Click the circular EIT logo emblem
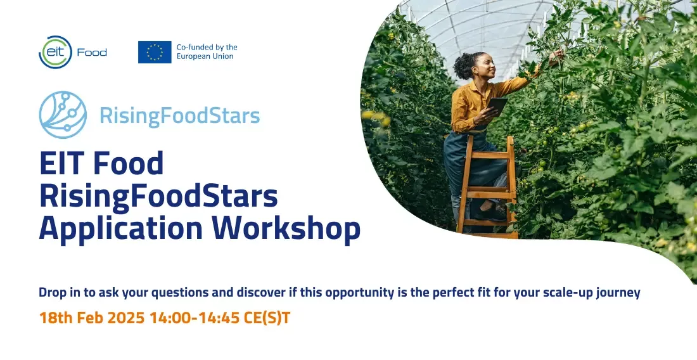pos(55,53)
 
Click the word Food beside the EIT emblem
pos(92,53)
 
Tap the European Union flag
pos(155,53)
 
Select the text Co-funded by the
pos(207,47)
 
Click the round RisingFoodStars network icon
pos(63,115)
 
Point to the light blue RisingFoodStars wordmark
pos(179,115)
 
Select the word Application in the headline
pos(121,229)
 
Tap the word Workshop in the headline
pos(286,229)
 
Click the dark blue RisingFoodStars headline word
pos(158,196)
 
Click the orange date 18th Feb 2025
pos(92,318)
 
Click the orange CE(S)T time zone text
pos(267,318)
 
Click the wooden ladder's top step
pos(489,154)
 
